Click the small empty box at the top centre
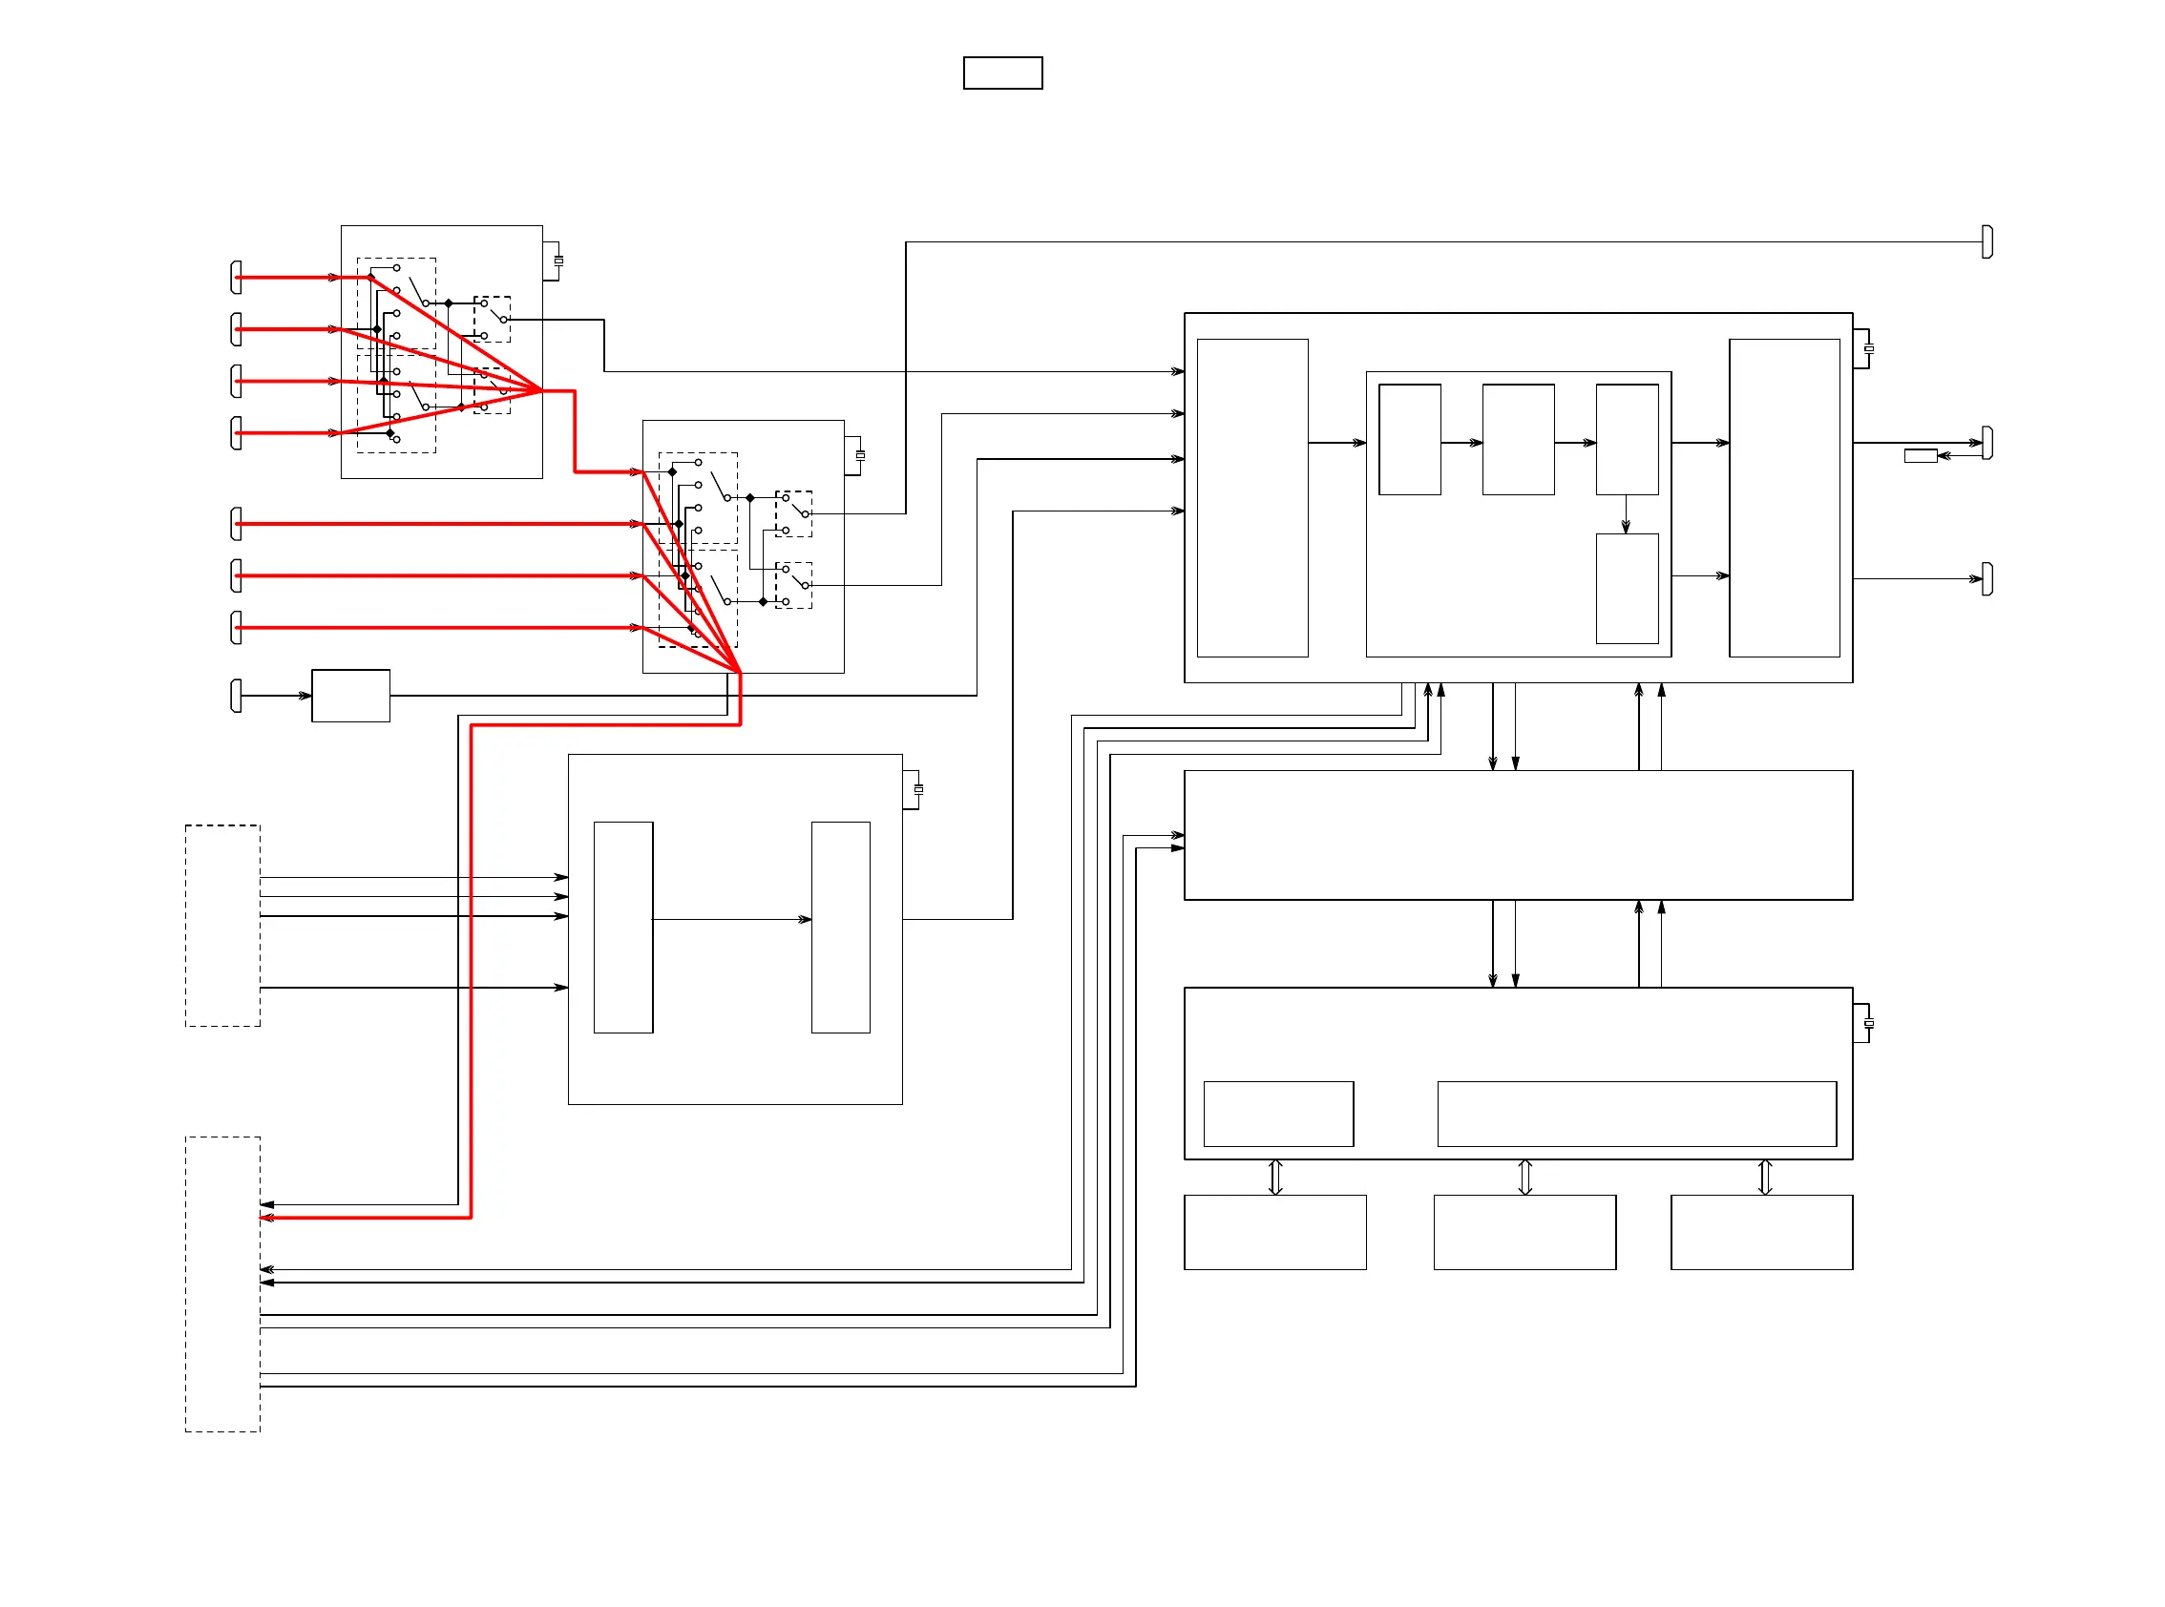click(x=1002, y=73)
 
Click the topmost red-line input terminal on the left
click(x=237, y=278)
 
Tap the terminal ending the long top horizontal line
click(x=1986, y=241)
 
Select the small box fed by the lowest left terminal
click(x=350, y=696)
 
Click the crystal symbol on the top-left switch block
click(x=558, y=261)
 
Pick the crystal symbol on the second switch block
click(x=860, y=455)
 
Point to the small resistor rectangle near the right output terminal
click(x=1920, y=455)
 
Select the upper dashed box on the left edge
click(x=222, y=925)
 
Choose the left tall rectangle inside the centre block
click(x=622, y=927)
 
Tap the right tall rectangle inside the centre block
click(x=841, y=927)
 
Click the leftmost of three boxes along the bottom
click(x=1274, y=1232)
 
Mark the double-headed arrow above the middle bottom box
click(x=1524, y=1177)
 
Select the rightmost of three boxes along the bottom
click(x=1761, y=1232)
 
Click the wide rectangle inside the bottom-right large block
click(x=1637, y=1114)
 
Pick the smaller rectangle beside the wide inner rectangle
click(x=1278, y=1114)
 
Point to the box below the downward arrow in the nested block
click(x=1627, y=589)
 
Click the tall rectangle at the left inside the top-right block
click(x=1252, y=497)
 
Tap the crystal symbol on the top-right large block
click(x=1869, y=348)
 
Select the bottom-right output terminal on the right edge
click(x=1986, y=579)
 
